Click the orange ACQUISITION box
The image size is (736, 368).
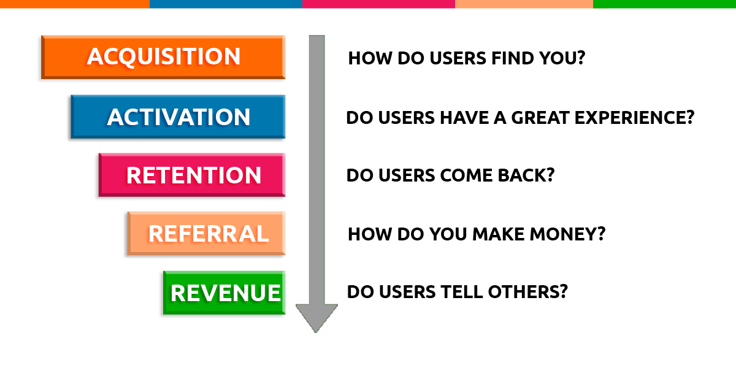pyautogui.click(x=163, y=57)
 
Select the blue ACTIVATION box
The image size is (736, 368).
pyautogui.click(x=178, y=117)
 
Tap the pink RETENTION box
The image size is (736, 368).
pyautogui.click(x=192, y=175)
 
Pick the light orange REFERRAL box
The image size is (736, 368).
pyautogui.click(x=206, y=233)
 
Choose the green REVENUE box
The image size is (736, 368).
pyautogui.click(x=224, y=293)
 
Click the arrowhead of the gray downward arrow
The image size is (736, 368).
pyautogui.click(x=316, y=318)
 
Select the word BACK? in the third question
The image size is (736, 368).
pyautogui.click(x=526, y=175)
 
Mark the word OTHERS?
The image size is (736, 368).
pyautogui.click(x=527, y=292)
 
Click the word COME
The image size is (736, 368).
pyautogui.click(x=466, y=175)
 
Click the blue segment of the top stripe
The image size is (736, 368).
pyautogui.click(x=226, y=4)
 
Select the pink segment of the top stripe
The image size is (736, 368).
pyautogui.click(x=378, y=4)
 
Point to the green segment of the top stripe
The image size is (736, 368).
pyautogui.click(x=664, y=4)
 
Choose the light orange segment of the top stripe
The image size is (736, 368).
pyautogui.click(x=524, y=4)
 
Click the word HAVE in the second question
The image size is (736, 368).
pyautogui.click(x=464, y=118)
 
